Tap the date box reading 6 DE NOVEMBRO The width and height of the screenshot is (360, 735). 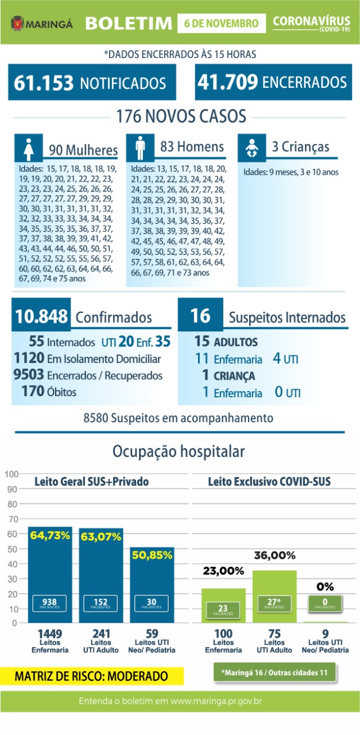click(x=221, y=24)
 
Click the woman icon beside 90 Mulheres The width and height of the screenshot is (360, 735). click(x=29, y=148)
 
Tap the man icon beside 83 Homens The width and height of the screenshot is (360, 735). click(x=141, y=148)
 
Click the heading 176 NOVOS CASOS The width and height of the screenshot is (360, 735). click(x=180, y=117)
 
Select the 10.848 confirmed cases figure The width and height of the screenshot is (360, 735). click(x=41, y=316)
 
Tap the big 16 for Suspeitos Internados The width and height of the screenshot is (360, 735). click(x=200, y=316)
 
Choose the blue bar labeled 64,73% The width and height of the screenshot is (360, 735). click(x=50, y=574)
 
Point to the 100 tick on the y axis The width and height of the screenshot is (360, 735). click(x=10, y=474)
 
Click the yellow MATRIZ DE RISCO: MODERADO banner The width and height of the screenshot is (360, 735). click(x=92, y=676)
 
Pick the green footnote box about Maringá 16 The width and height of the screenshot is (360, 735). click(x=274, y=671)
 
